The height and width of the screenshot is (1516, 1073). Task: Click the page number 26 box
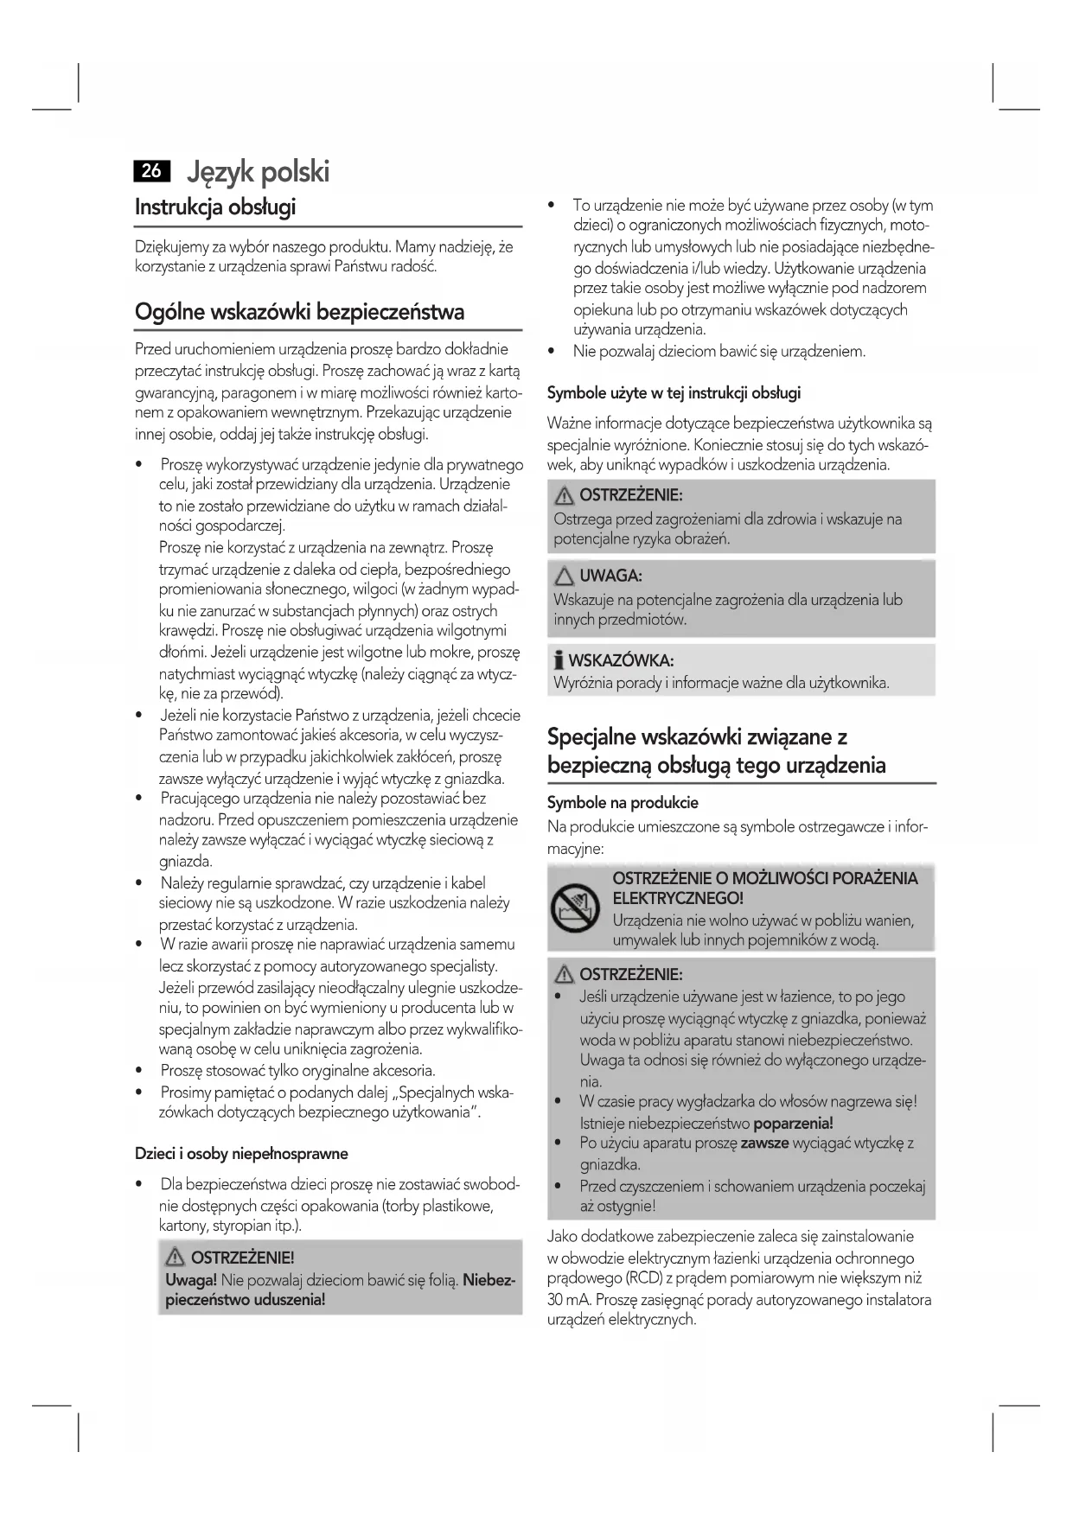[151, 170]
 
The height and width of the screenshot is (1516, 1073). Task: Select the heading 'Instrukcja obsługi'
[215, 207]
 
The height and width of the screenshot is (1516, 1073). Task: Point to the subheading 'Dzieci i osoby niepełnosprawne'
[241, 1153]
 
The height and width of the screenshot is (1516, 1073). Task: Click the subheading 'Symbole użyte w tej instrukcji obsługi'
[674, 392]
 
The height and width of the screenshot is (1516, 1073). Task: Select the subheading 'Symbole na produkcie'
[623, 802]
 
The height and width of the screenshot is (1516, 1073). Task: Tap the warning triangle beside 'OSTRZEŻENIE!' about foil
[176, 1258]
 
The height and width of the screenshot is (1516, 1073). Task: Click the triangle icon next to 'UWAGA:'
[565, 576]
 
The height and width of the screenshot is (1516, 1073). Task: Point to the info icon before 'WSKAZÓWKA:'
[559, 661]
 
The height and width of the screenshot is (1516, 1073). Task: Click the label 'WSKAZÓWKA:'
[621, 661]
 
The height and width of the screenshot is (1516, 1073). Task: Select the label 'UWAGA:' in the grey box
[610, 576]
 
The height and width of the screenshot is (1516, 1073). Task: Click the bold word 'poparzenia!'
[793, 1123]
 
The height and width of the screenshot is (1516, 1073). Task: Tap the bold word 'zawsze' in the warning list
[764, 1143]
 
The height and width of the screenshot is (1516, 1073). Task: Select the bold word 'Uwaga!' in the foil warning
[191, 1279]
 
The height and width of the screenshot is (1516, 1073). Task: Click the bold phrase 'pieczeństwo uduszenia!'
[246, 1300]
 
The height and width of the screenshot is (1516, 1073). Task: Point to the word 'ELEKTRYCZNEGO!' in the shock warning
[678, 899]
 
